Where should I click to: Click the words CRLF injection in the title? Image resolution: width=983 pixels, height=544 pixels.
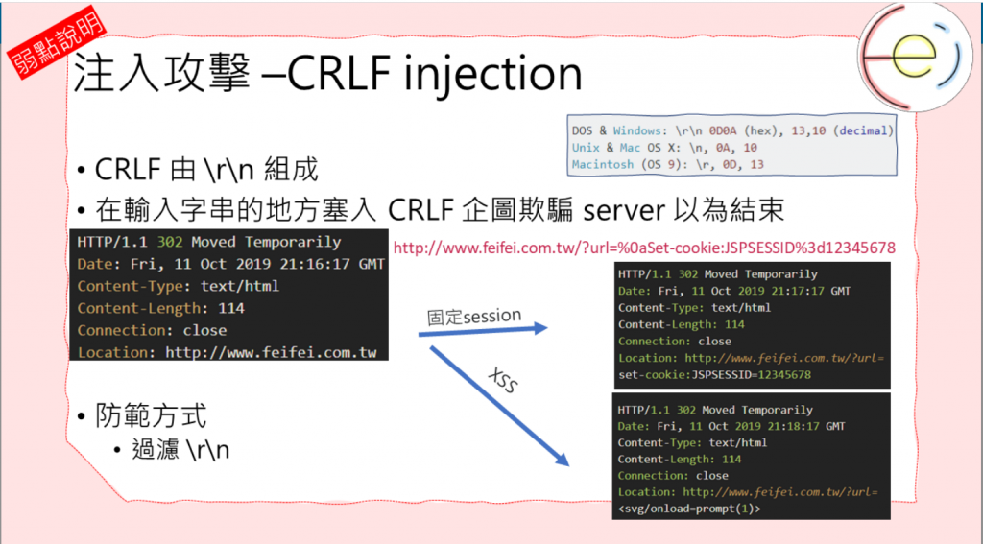tap(435, 74)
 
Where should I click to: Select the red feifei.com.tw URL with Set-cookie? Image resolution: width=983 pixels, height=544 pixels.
tap(644, 248)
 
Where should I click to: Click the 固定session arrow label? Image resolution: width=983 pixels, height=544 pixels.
tap(474, 317)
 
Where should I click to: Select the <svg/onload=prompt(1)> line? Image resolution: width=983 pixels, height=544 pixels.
tap(689, 509)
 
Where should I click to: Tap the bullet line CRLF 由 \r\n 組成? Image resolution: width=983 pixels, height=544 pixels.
tap(206, 171)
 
